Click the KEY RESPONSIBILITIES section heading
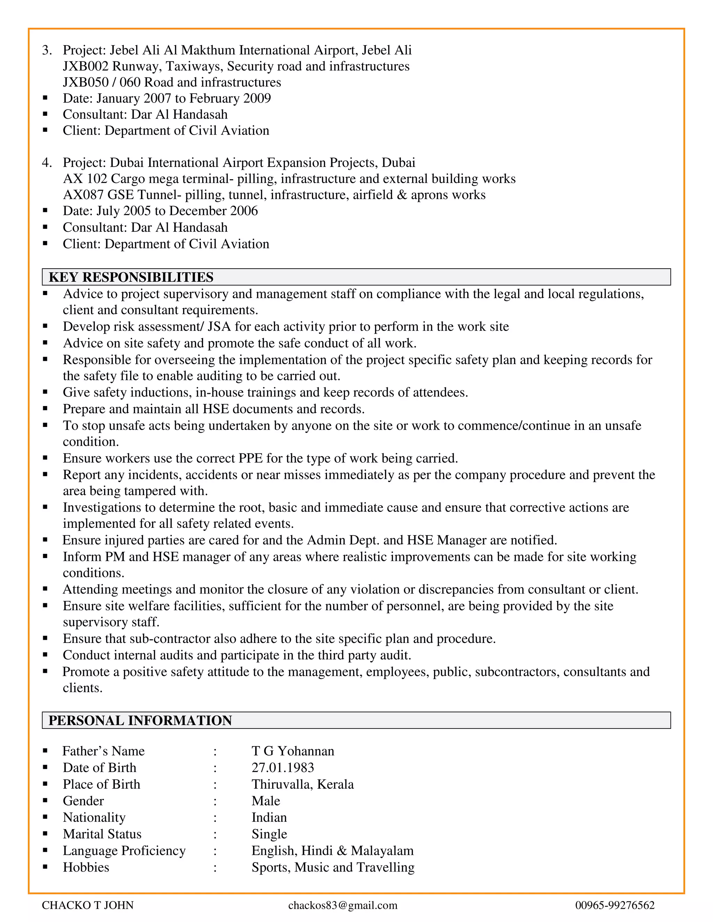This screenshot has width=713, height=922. (131, 277)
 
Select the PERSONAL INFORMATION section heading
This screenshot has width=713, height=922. (140, 721)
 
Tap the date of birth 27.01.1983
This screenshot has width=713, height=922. (283, 768)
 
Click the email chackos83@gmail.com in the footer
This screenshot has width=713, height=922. (343, 905)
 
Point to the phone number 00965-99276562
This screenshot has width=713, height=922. (614, 905)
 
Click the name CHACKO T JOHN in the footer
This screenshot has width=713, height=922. (88, 905)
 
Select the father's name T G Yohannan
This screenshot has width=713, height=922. (293, 751)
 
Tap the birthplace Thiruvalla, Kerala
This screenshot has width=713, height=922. (303, 784)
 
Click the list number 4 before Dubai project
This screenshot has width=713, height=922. (46, 163)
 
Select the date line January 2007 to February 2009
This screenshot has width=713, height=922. (166, 98)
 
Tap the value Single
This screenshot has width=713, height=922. (269, 834)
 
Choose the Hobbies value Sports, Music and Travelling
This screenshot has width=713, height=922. (333, 867)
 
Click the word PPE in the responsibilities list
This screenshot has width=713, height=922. (252, 459)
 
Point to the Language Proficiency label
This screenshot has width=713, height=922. (124, 851)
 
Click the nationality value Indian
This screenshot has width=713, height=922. (269, 818)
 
